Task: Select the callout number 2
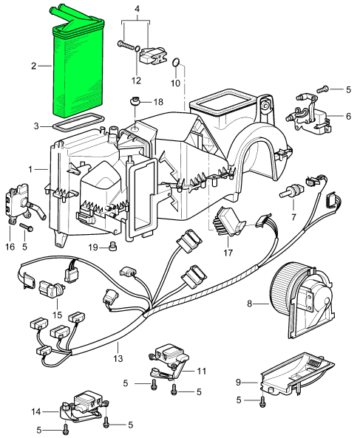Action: (x=34, y=66)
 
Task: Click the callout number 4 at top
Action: (x=137, y=9)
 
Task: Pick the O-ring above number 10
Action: (x=176, y=63)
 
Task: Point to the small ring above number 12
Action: (x=137, y=49)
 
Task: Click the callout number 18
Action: (x=158, y=102)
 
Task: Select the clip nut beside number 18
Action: (x=135, y=101)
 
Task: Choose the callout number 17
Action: (x=228, y=253)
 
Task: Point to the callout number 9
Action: (x=238, y=382)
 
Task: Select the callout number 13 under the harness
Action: (x=118, y=357)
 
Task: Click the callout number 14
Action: (x=36, y=411)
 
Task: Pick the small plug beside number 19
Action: (x=113, y=247)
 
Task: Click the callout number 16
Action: (x=10, y=247)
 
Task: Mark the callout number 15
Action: (x=57, y=315)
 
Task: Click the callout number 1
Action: (x=30, y=169)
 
